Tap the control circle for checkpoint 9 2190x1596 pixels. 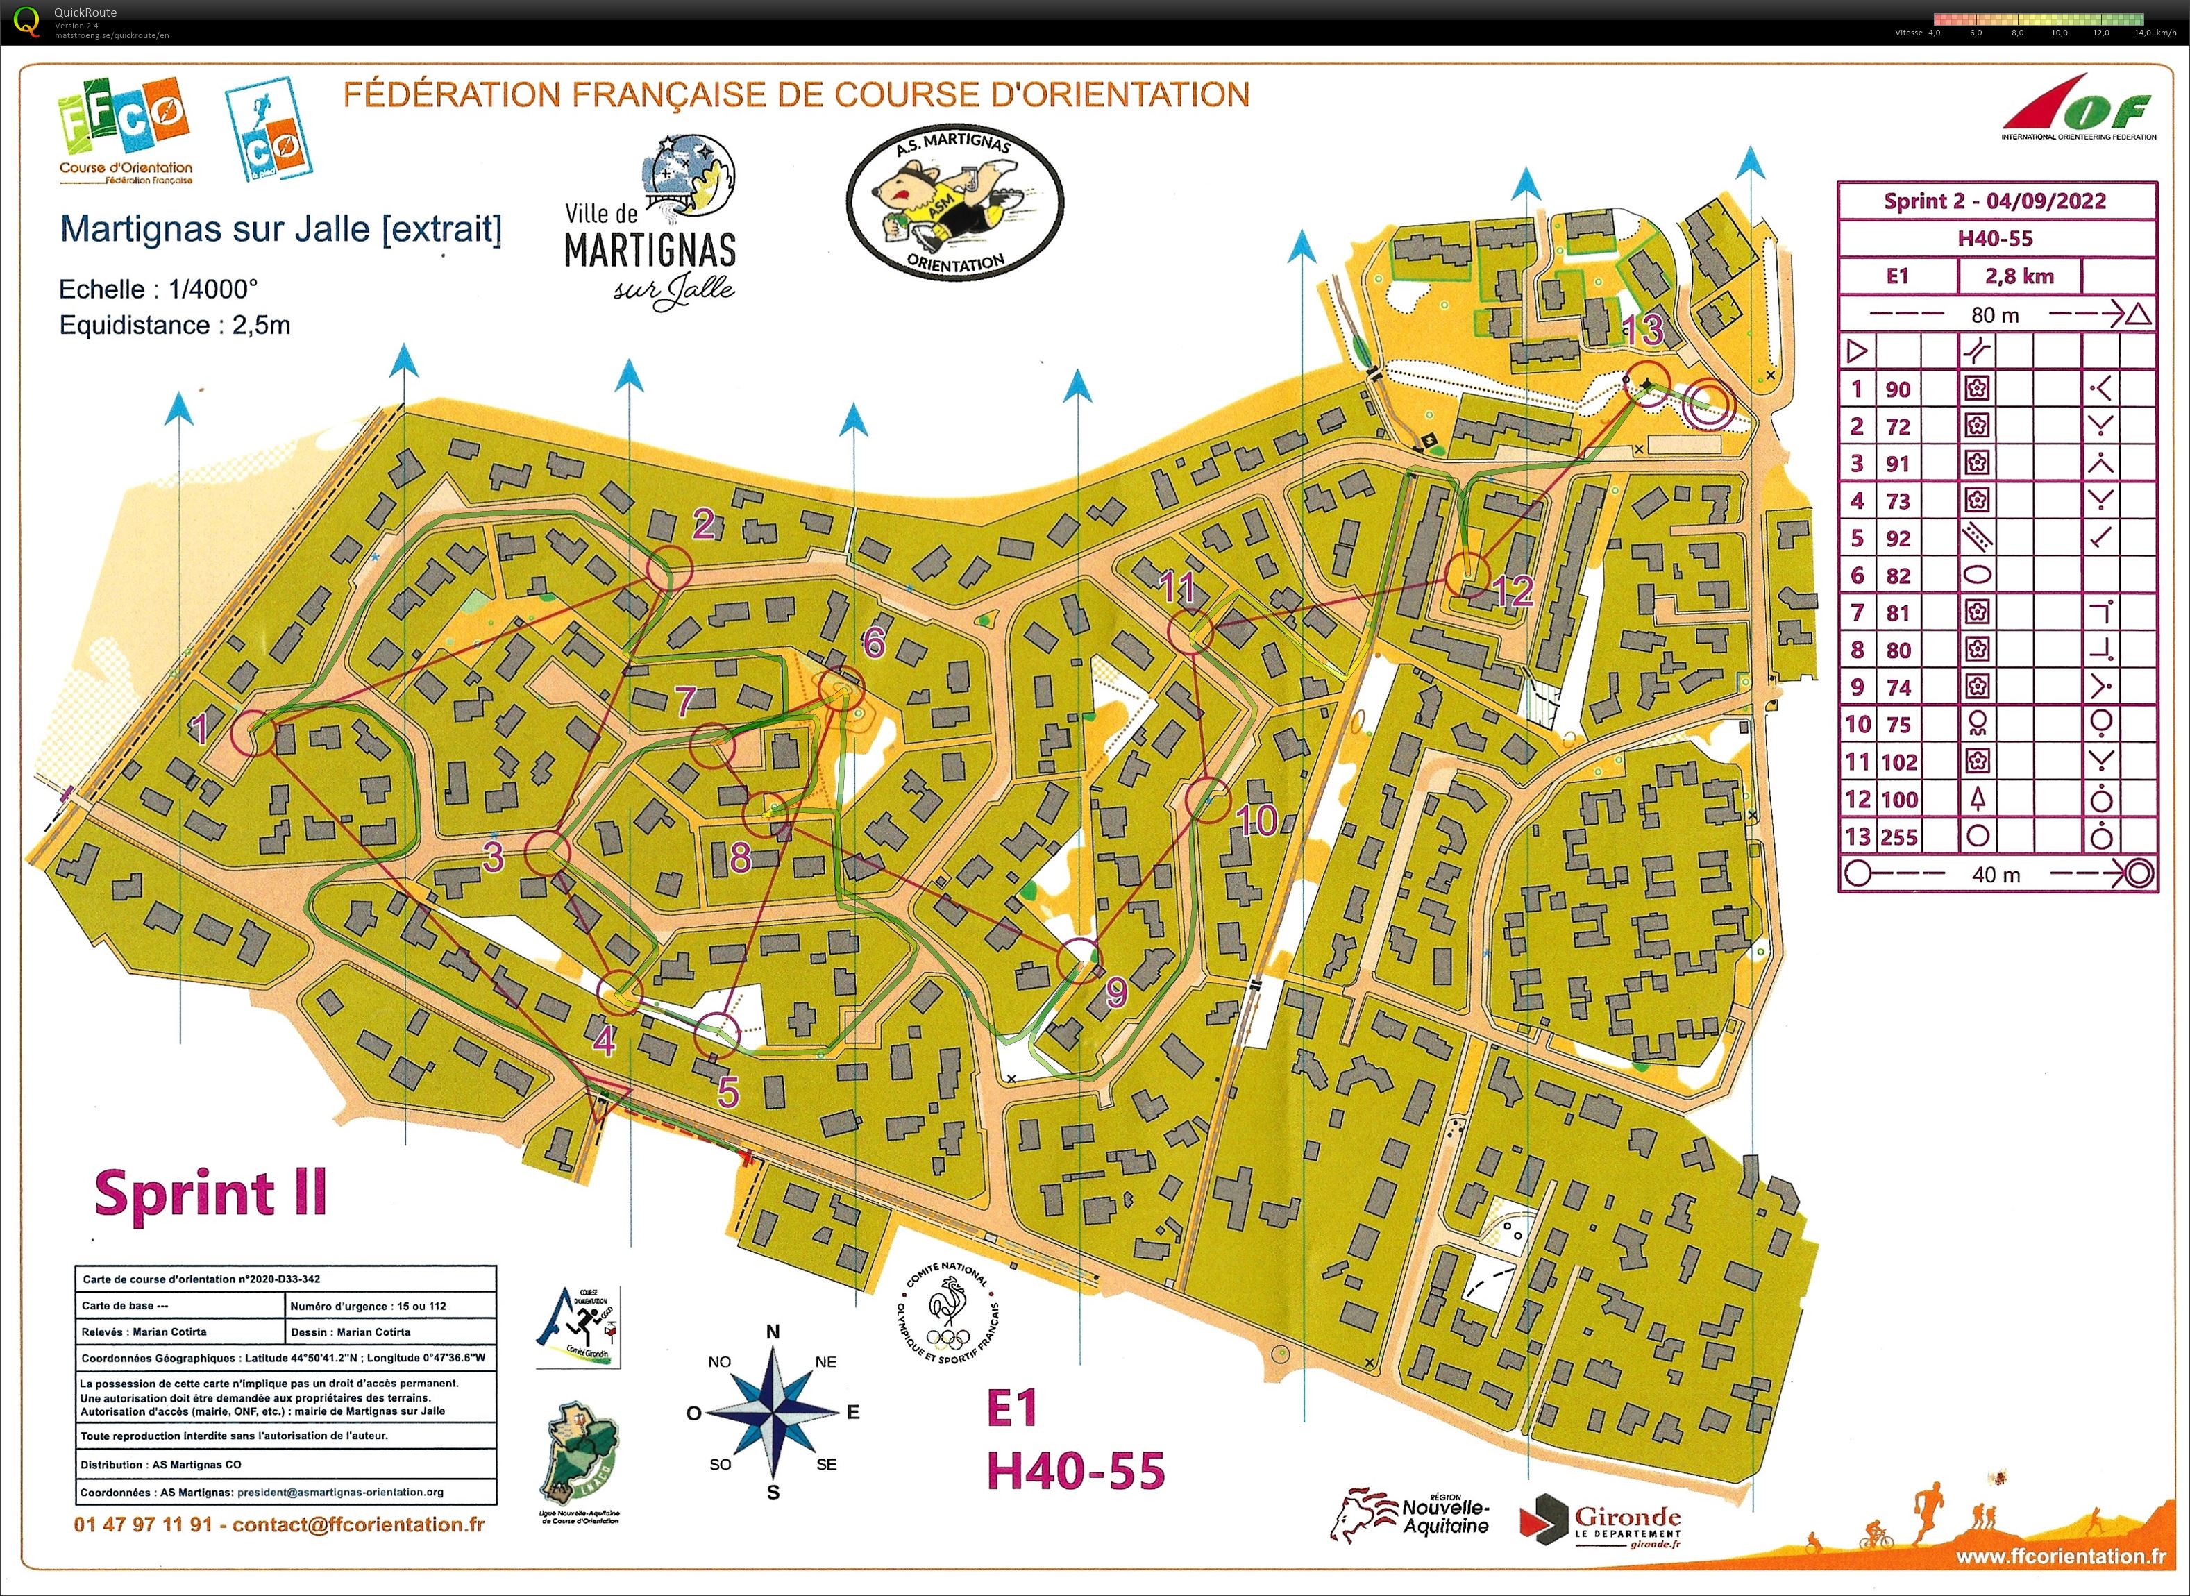coord(1079,959)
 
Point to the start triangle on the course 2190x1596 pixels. coord(603,1098)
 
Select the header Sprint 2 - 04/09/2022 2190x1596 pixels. coord(1995,201)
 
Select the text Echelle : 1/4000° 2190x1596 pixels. coord(158,289)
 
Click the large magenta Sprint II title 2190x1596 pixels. coord(210,1194)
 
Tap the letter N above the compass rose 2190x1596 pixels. coord(773,1332)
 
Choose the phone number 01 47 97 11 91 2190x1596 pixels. coord(143,1524)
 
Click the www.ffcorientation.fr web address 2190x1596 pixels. coord(2060,1556)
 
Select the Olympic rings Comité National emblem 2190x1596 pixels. coord(947,1313)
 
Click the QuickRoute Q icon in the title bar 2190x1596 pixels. coord(28,22)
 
